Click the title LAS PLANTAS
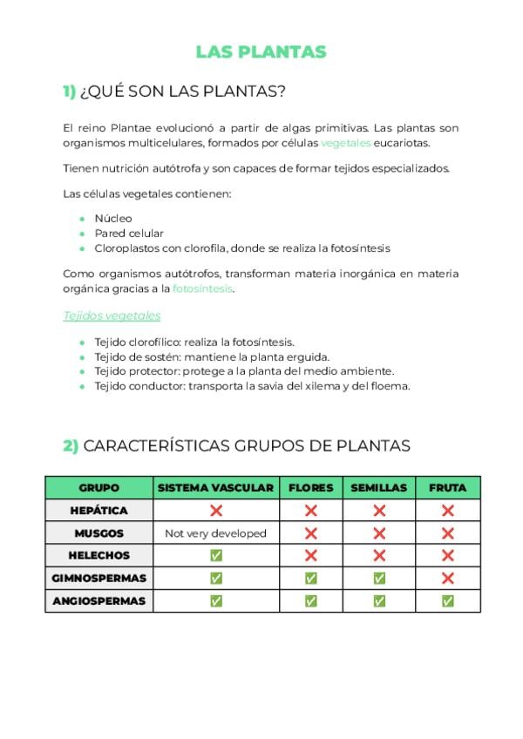click(x=261, y=51)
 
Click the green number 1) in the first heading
click(x=69, y=92)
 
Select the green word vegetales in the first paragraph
click(x=345, y=143)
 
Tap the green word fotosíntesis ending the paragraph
click(x=202, y=288)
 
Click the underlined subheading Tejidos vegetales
click(x=112, y=315)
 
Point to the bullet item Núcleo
click(x=113, y=218)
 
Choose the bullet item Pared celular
click(x=129, y=233)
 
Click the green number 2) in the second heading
click(x=70, y=445)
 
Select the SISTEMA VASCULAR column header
click(x=215, y=488)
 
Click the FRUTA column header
click(x=447, y=488)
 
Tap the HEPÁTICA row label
click(x=98, y=511)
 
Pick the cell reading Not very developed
click(x=215, y=533)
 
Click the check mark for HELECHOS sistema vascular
click(x=215, y=555)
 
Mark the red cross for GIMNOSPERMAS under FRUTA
click(x=447, y=578)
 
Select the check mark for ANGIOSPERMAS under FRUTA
click(x=447, y=600)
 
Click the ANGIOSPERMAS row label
click(x=98, y=600)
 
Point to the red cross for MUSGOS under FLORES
click(x=310, y=533)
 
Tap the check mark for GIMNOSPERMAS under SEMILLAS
click(x=378, y=578)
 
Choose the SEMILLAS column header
click(x=378, y=488)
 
